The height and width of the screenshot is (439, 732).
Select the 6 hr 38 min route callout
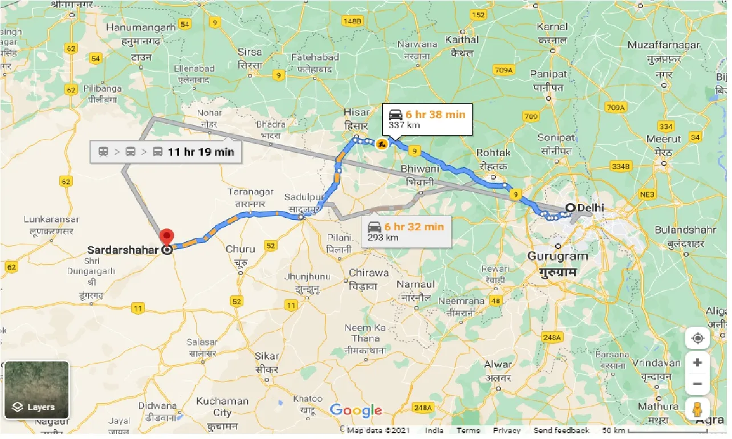[x=427, y=119]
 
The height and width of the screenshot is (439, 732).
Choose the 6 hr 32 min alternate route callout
[x=405, y=231]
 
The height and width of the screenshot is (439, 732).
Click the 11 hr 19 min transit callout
[x=165, y=152]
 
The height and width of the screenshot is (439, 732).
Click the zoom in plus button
[x=697, y=363]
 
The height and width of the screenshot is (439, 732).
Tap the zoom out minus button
[x=697, y=384]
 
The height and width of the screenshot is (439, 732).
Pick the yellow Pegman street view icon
[x=697, y=409]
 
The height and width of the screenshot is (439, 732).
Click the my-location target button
[x=697, y=338]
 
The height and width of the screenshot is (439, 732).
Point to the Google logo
[x=356, y=410]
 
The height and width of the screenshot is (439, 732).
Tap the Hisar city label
[x=356, y=112]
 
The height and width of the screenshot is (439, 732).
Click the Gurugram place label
[x=557, y=256]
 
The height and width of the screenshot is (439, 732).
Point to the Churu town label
[x=240, y=249]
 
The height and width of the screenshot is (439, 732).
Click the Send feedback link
[x=561, y=430]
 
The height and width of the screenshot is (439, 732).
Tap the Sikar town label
[x=267, y=356]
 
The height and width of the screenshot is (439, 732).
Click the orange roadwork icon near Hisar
[x=381, y=144]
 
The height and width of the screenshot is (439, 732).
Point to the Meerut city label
[x=664, y=139]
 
